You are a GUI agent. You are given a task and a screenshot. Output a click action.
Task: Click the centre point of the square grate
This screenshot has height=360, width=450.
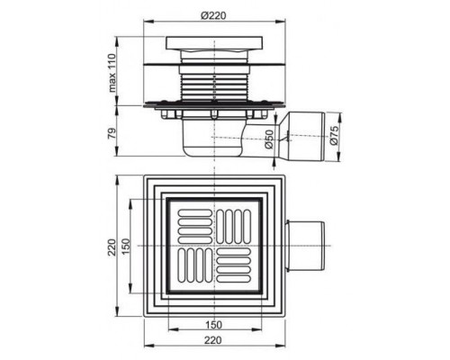coord(215,245)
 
